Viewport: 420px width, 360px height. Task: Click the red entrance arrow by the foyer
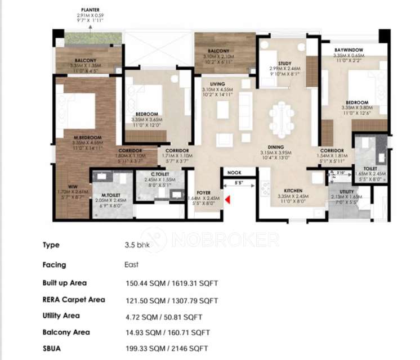coord(227,199)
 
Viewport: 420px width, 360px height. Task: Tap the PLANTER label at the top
coord(91,10)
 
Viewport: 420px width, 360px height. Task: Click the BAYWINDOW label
coord(348,50)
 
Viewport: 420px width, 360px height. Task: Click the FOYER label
coord(203,192)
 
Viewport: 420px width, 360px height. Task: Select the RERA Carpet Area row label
coord(73,300)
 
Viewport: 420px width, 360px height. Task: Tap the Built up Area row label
coord(64,283)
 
